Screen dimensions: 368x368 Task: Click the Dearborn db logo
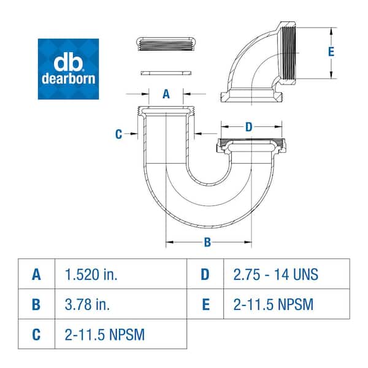point(68,69)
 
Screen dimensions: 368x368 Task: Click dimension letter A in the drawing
point(166,94)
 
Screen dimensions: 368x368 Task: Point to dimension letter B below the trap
point(207,242)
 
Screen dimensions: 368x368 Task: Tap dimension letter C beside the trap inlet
point(119,134)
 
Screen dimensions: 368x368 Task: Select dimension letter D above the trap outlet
point(248,127)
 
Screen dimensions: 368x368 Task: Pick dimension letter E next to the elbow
point(331,52)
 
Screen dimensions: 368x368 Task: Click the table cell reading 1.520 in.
point(91,274)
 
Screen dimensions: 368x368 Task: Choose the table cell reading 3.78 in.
point(87,304)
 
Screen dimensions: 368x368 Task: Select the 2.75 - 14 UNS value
point(275,274)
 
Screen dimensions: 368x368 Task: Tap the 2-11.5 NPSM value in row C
point(105,334)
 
